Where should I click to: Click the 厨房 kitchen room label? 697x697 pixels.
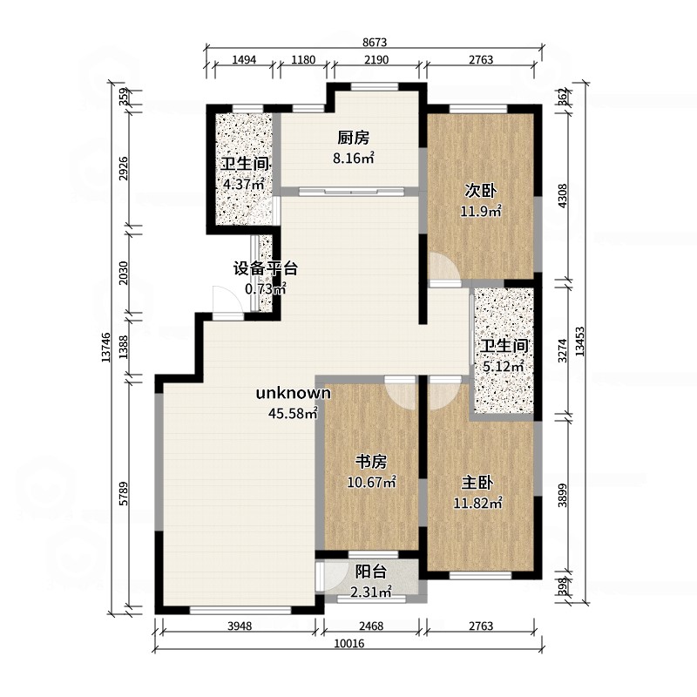point(353,138)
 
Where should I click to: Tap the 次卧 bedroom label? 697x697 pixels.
point(481,191)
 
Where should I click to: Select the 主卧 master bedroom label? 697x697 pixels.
point(477,483)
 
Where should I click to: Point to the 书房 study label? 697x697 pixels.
point(371,462)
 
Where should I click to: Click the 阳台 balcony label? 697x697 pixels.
point(371,572)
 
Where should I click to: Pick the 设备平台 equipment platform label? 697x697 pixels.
point(266,268)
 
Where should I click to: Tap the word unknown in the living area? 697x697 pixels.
point(294,393)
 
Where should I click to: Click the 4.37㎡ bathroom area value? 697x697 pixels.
point(244,184)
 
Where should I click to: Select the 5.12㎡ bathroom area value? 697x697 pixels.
point(504,367)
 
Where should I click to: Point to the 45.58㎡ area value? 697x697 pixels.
point(293,413)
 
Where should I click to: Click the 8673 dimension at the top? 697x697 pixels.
point(375,42)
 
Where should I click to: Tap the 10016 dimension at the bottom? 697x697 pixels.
point(349,643)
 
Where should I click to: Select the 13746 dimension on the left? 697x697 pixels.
point(105,347)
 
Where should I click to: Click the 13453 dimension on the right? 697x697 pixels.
point(579,342)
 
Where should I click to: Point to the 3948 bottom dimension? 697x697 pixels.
point(240,626)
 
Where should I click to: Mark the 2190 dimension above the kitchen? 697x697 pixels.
point(376,59)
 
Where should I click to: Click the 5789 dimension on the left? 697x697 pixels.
point(124,493)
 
